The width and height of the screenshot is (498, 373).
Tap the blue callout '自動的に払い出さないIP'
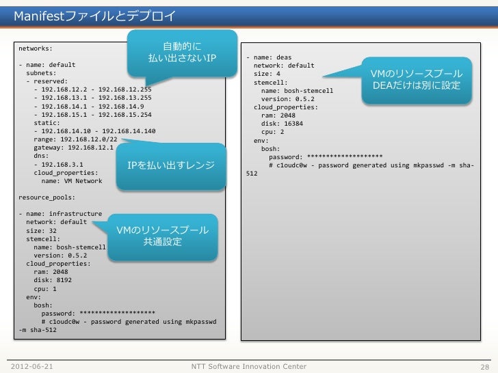[182, 51]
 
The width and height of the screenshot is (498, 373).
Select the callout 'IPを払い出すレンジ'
[171, 166]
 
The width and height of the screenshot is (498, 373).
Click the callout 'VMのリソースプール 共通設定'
[163, 236]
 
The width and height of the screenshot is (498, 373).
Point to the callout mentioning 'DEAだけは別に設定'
[417, 80]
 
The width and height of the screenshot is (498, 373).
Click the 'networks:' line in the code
[36, 49]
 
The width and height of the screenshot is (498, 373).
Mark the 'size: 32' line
[41, 230]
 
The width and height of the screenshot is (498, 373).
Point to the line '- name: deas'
[269, 58]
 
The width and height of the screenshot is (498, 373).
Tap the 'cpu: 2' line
[273, 132]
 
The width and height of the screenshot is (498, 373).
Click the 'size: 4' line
[267, 74]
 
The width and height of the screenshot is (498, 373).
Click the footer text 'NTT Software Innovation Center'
[249, 367]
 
